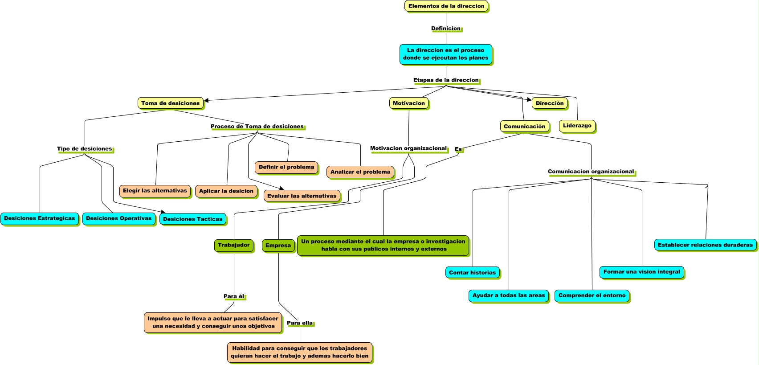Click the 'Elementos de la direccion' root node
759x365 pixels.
click(x=446, y=6)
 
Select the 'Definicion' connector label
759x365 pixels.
click(x=446, y=29)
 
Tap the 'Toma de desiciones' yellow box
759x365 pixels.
click(x=171, y=103)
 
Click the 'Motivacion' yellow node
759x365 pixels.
click(x=409, y=103)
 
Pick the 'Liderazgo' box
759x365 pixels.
click(x=577, y=126)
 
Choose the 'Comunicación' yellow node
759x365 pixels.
click(x=524, y=127)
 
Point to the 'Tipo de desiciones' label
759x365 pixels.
click(x=85, y=149)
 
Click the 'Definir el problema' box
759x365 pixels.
click(x=286, y=167)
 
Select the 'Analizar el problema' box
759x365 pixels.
click(x=360, y=172)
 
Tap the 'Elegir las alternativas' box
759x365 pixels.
click(x=155, y=191)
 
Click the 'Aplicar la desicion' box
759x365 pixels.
click(x=226, y=191)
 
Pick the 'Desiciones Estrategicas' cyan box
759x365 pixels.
click(x=40, y=218)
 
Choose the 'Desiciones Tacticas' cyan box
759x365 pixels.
click(x=192, y=219)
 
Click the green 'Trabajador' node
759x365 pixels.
click(x=234, y=245)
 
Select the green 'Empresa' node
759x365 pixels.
click(x=278, y=246)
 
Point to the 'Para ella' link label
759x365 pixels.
click(x=300, y=323)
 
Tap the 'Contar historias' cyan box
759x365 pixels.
click(x=472, y=273)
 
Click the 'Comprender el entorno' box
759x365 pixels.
click(x=592, y=295)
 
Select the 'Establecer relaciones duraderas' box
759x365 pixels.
click(x=705, y=245)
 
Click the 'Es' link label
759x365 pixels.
click(x=458, y=149)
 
